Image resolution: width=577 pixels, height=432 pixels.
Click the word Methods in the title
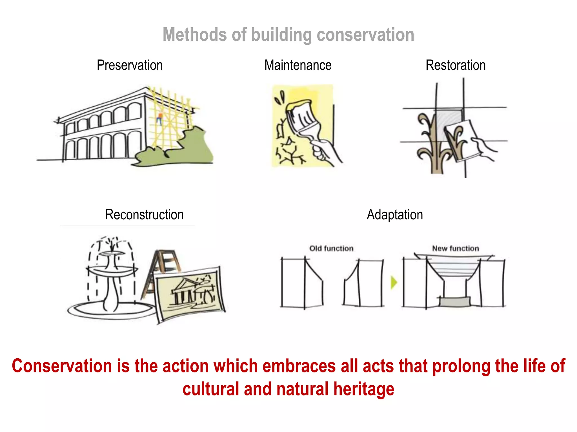point(195,35)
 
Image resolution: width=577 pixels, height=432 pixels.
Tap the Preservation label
point(130,65)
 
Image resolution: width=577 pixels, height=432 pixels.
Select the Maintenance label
point(298,65)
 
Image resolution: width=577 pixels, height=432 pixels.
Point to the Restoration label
point(456,65)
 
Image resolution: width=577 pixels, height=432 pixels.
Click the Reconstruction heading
point(144,215)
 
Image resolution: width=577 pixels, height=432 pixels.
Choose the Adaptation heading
point(395,215)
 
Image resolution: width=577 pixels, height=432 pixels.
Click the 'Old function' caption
point(331,248)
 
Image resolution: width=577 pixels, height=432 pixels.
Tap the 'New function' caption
point(456,248)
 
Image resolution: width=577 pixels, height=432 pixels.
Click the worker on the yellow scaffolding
point(160,118)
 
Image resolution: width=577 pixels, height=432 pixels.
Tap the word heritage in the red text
point(364,389)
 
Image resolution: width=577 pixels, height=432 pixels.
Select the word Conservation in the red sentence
point(62,366)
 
